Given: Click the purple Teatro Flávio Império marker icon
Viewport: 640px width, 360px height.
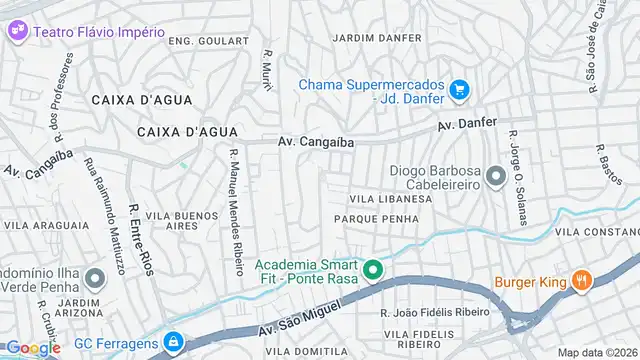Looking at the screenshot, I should coord(18,31).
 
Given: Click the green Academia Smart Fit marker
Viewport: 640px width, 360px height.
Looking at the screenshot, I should coord(373,270).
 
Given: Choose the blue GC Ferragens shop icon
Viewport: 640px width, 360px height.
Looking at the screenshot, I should coord(174,342).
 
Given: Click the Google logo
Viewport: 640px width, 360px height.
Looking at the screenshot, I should coord(32,348).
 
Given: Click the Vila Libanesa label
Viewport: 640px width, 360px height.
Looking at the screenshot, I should coord(389,200).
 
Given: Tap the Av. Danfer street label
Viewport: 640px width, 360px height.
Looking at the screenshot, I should coord(467,126).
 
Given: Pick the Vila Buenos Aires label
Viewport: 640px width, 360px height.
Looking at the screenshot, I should coord(181,221).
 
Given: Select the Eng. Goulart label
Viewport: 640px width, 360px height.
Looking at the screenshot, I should coord(208,40).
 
